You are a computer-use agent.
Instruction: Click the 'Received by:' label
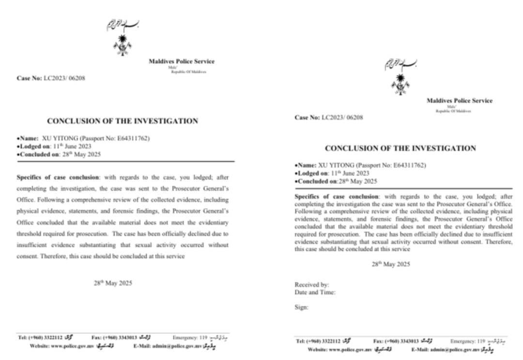[312, 285]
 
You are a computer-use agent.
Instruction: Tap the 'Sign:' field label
[301, 307]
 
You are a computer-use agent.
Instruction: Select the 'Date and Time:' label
[315, 292]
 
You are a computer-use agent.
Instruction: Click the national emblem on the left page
[122, 45]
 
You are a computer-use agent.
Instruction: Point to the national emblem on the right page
[400, 84]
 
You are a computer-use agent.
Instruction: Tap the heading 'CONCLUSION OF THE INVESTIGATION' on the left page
[123, 121]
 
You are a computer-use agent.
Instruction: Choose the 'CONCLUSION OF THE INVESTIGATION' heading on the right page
[400, 148]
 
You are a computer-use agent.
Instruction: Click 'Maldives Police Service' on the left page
[181, 61]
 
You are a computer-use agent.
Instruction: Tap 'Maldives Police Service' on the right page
[459, 101]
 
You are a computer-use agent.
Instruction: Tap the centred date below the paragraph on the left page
[113, 284]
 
